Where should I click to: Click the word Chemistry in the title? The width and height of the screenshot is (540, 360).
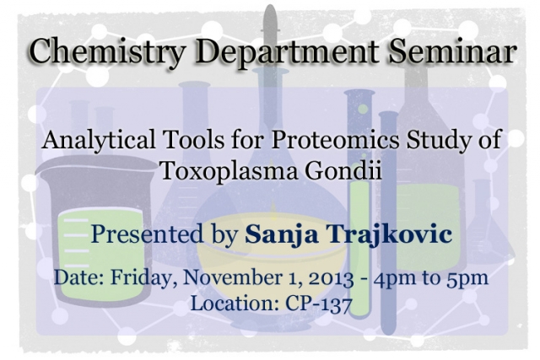pyautogui.click(x=107, y=51)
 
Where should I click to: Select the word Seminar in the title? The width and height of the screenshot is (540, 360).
pyautogui.click(x=452, y=51)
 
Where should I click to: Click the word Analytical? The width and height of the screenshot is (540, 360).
pyautogui.click(x=99, y=141)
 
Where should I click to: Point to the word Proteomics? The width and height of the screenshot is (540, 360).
pyautogui.click(x=336, y=141)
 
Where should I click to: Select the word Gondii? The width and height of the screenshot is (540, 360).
pyautogui.click(x=343, y=169)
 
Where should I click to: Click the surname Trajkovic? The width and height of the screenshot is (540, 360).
pyautogui.click(x=390, y=234)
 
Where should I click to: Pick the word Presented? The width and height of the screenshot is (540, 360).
pyautogui.click(x=147, y=234)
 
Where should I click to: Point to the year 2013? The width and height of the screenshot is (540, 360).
pyautogui.click(x=331, y=278)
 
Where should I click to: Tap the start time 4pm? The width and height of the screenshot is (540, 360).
pyautogui.click(x=396, y=279)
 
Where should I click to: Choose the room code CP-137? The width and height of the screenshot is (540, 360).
pyautogui.click(x=319, y=304)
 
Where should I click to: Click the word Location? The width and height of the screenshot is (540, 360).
pyautogui.click(x=235, y=304)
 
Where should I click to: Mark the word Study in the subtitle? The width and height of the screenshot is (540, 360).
pyautogui.click(x=436, y=141)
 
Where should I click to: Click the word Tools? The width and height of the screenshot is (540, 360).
pyautogui.click(x=194, y=141)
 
